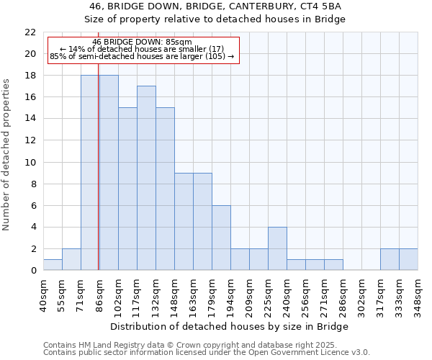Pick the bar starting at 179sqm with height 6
221,238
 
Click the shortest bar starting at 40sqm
53,264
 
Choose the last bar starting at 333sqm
408,259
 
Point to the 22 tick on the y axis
30,32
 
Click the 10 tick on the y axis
30,162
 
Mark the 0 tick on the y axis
32,271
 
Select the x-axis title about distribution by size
230,326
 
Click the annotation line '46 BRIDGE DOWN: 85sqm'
143,42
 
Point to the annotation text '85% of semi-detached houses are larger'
143,56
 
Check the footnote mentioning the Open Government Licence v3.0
207,352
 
